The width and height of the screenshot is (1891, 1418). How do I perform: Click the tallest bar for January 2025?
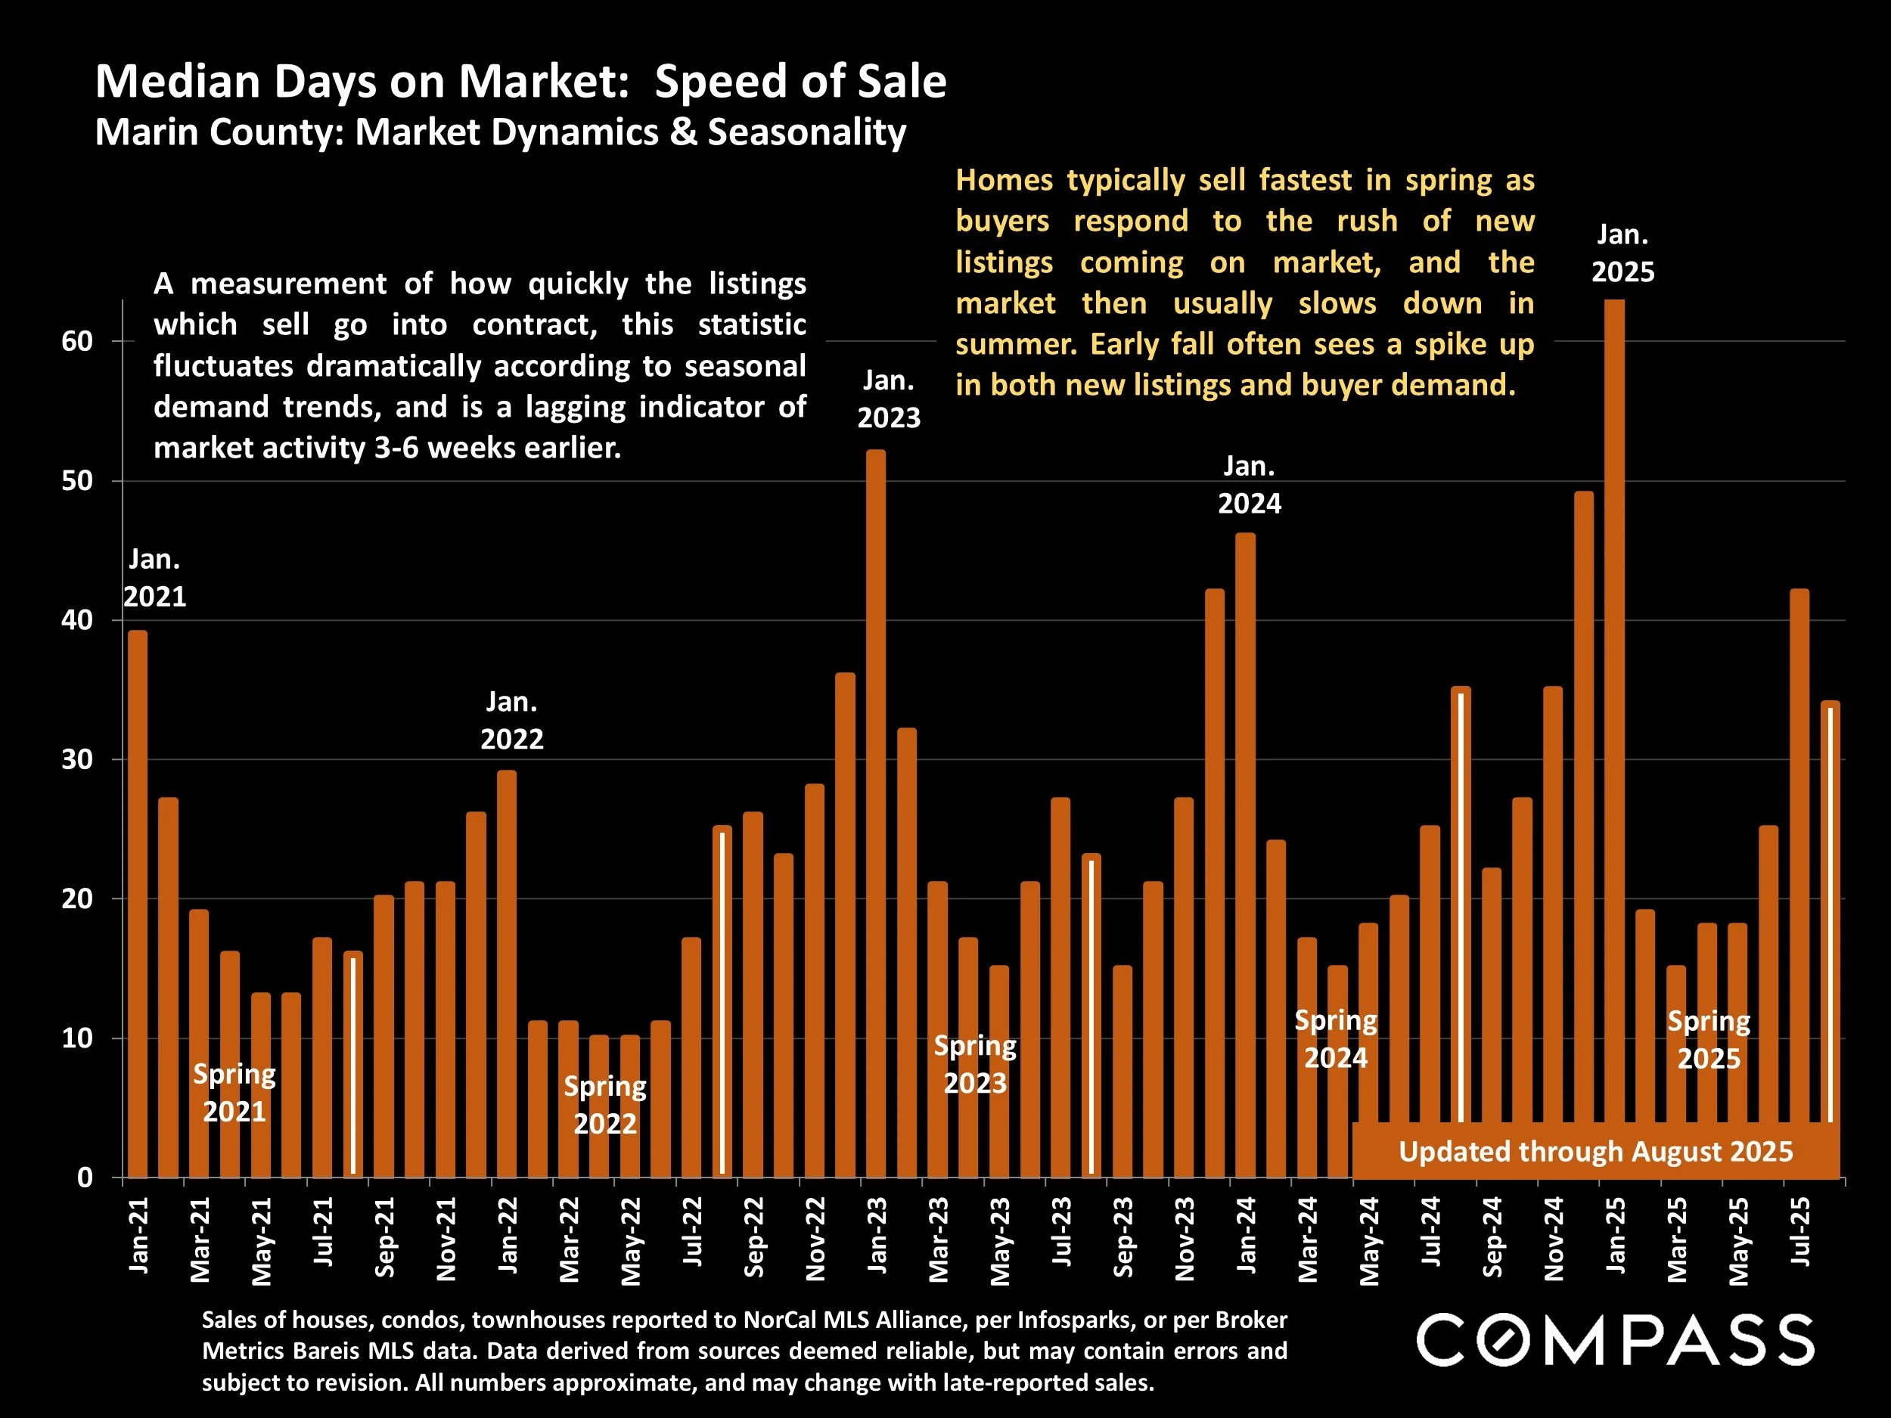1614,709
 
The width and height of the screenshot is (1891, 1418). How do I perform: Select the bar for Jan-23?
875,812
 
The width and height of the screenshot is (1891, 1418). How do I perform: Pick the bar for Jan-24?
1245,855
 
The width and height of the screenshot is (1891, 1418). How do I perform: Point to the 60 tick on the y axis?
77,341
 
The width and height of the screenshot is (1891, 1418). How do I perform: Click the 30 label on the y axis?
77,760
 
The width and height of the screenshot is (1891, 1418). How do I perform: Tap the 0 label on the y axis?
85,1178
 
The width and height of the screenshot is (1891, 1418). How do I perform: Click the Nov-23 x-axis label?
1184,1238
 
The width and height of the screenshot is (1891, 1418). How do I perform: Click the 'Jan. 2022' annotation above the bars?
511,720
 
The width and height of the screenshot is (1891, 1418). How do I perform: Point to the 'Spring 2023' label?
974,1064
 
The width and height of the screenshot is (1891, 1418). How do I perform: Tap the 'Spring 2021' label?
234,1092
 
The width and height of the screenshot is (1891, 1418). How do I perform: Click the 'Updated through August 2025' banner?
1595,1151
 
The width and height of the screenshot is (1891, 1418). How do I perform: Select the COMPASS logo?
1615,1340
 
